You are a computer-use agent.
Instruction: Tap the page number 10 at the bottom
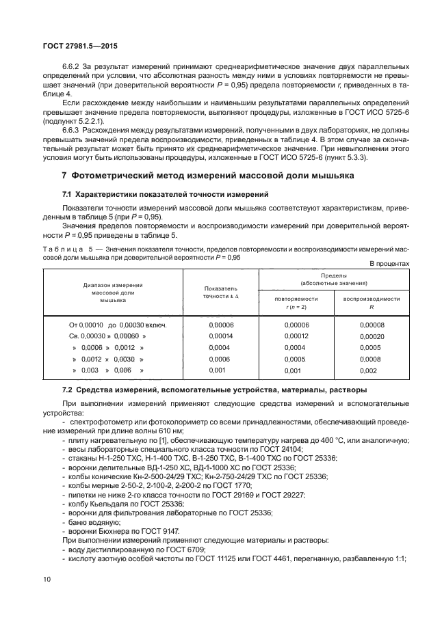(x=47, y=579)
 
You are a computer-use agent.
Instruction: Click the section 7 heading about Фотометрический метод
(x=208, y=176)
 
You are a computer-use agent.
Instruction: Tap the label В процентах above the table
(x=389, y=263)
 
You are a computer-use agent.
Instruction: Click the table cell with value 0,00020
(x=372, y=337)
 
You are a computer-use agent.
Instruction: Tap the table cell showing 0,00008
(x=372, y=325)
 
